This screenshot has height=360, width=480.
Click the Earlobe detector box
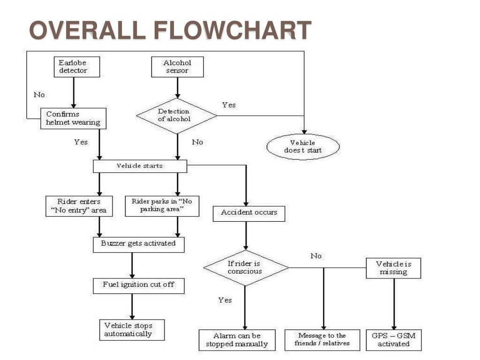73,67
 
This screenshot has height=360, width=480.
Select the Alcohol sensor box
177,67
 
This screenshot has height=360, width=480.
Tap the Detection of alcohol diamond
176,116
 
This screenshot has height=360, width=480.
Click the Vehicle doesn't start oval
303,147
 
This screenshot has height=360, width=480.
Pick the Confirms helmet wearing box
73,119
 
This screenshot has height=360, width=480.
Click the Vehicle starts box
140,166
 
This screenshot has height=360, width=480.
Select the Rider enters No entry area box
79,206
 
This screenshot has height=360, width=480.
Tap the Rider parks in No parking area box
162,206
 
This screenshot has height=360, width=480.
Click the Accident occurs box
249,213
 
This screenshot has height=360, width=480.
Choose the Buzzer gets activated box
138,244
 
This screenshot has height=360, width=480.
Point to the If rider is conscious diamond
246,268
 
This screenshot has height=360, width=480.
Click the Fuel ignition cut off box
138,285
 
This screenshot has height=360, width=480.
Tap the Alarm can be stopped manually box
236,340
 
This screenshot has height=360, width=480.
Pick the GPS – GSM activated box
393,340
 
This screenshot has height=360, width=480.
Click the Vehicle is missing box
393,268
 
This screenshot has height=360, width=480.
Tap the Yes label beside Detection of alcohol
229,105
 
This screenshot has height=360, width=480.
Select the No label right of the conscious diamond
316,256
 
